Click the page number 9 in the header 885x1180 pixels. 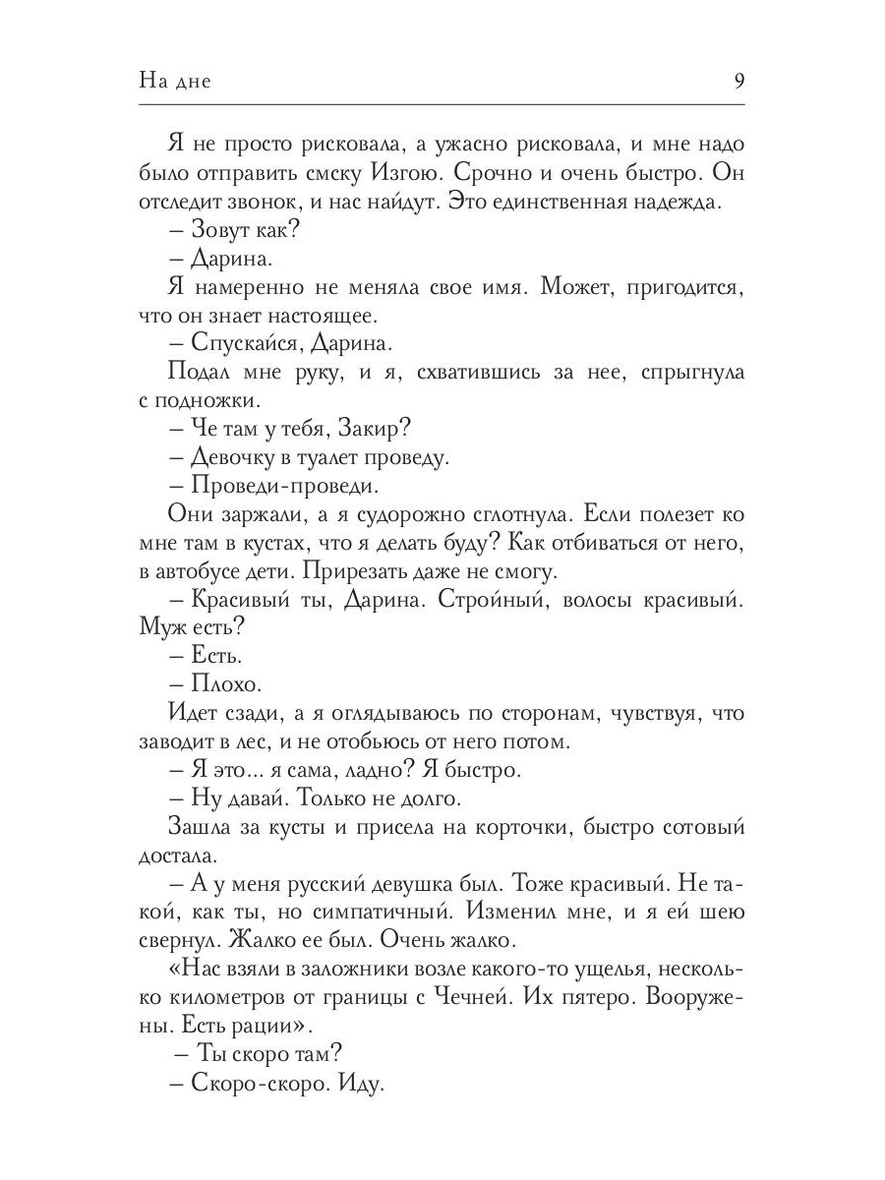[738, 82]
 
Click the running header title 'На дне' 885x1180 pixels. [175, 82]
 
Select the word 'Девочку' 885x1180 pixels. [237, 459]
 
